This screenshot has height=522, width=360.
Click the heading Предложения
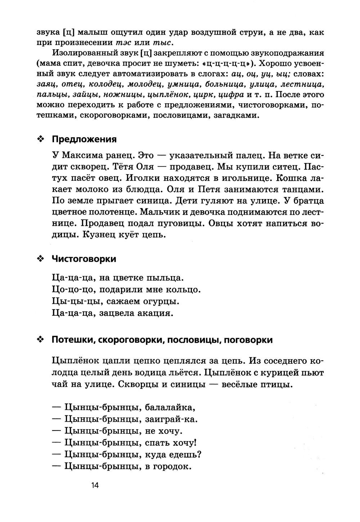coord(84,139)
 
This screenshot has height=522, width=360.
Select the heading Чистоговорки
coord(84,259)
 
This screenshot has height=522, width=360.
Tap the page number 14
coord(95,485)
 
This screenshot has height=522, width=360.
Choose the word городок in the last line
coord(171,467)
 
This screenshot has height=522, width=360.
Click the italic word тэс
coord(123,43)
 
